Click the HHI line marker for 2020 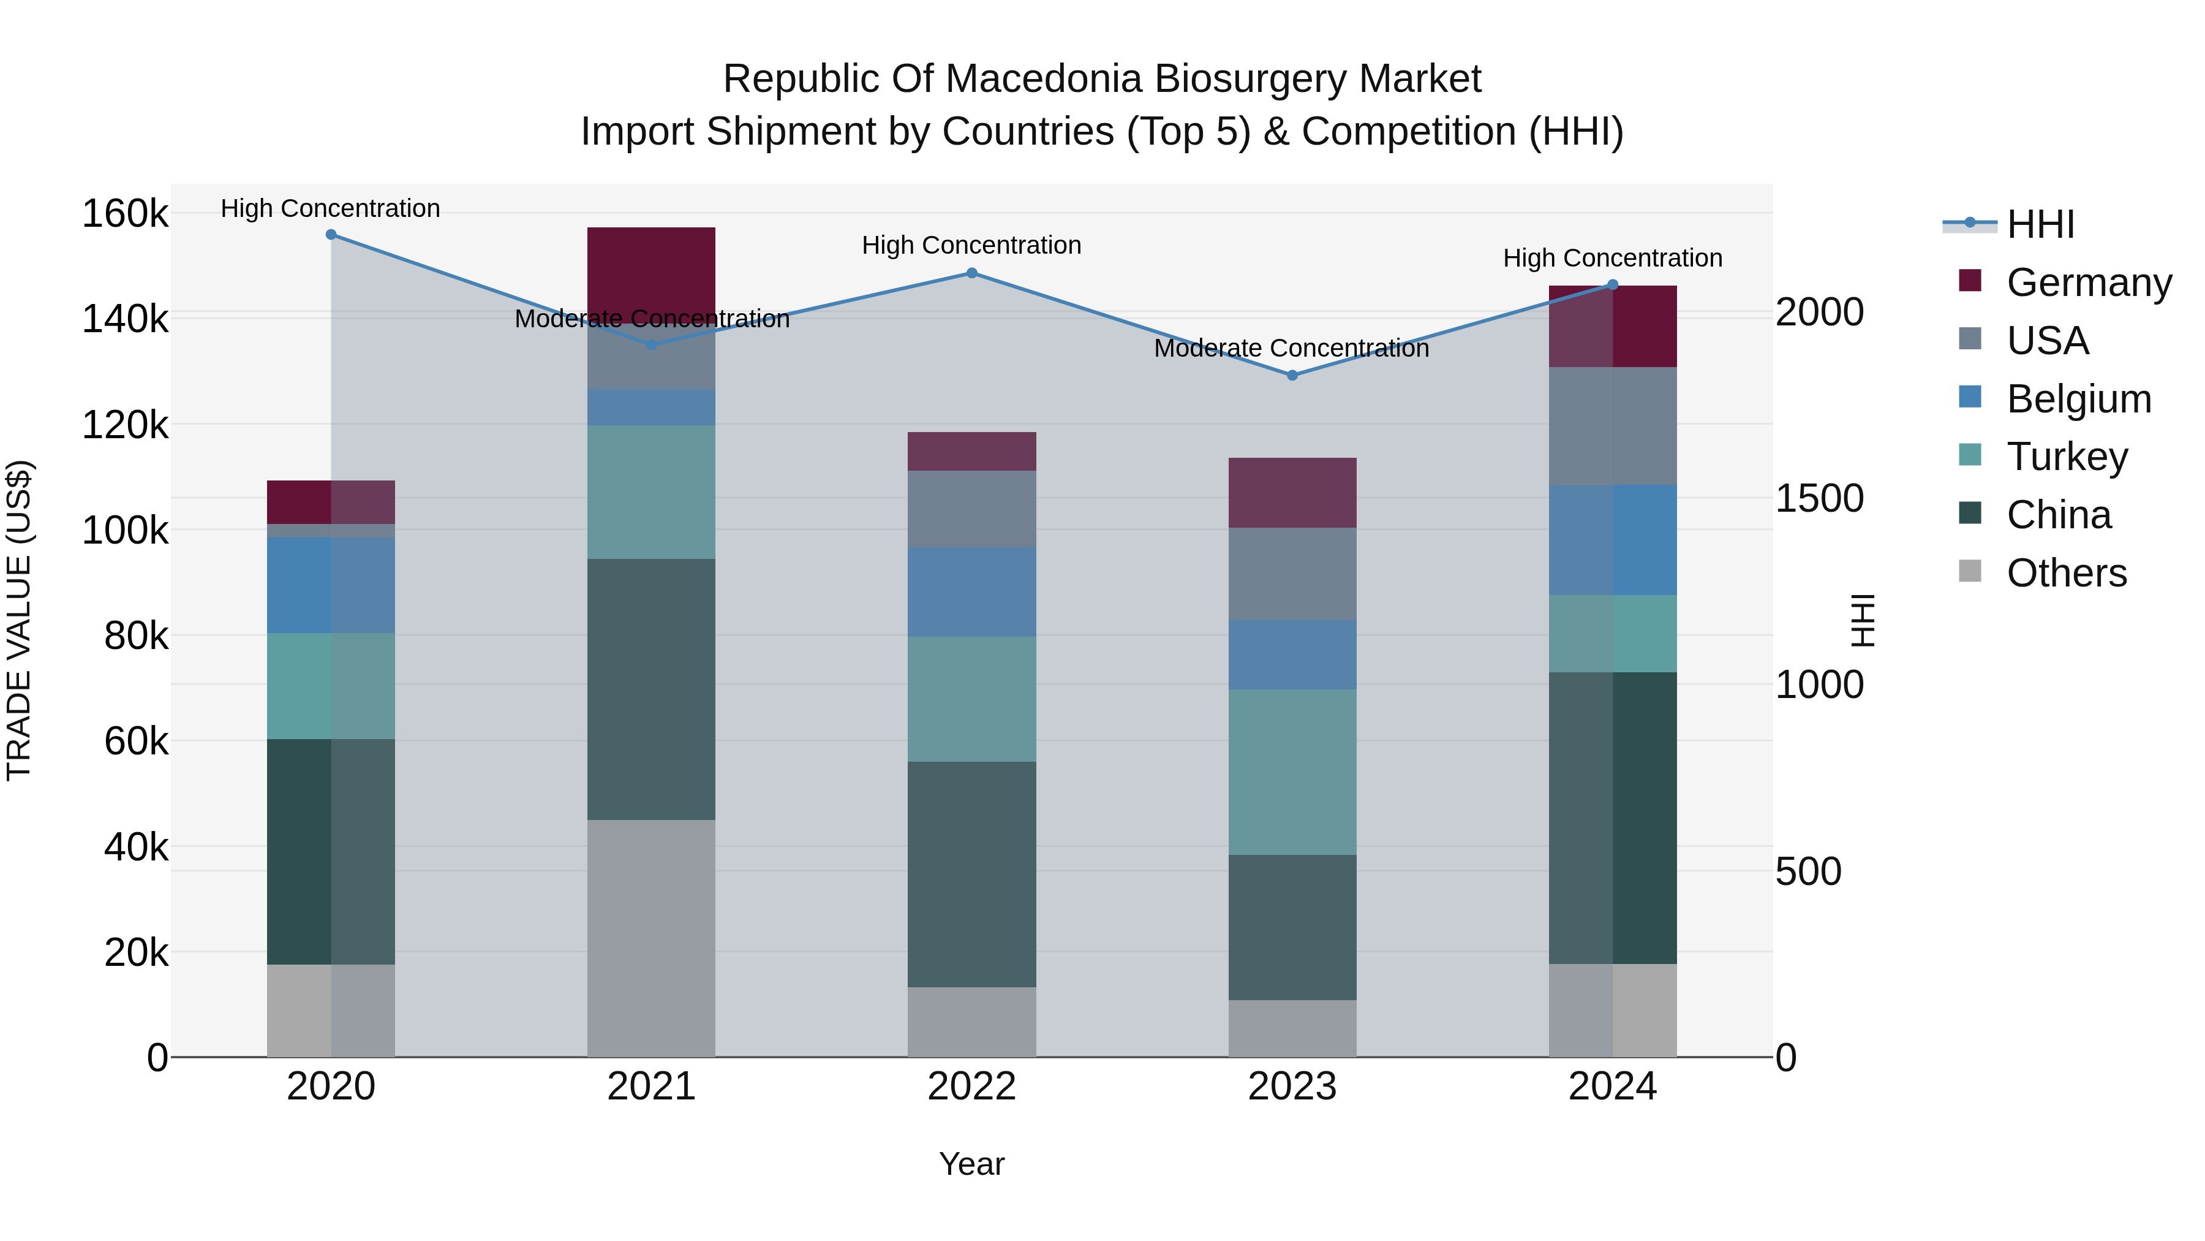(x=331, y=234)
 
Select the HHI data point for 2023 (x=1292, y=375)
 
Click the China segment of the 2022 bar (x=971, y=873)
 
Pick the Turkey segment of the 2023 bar (x=1292, y=771)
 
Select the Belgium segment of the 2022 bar (x=971, y=592)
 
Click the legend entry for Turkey (x=2067, y=457)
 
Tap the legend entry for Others (x=2067, y=573)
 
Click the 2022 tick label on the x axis (x=971, y=1087)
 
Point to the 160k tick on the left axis (x=125, y=213)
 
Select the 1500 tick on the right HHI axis (x=1819, y=498)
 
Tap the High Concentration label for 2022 (x=971, y=245)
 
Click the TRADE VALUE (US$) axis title (x=19, y=620)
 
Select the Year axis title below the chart (x=971, y=1164)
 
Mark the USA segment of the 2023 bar (x=1292, y=573)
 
